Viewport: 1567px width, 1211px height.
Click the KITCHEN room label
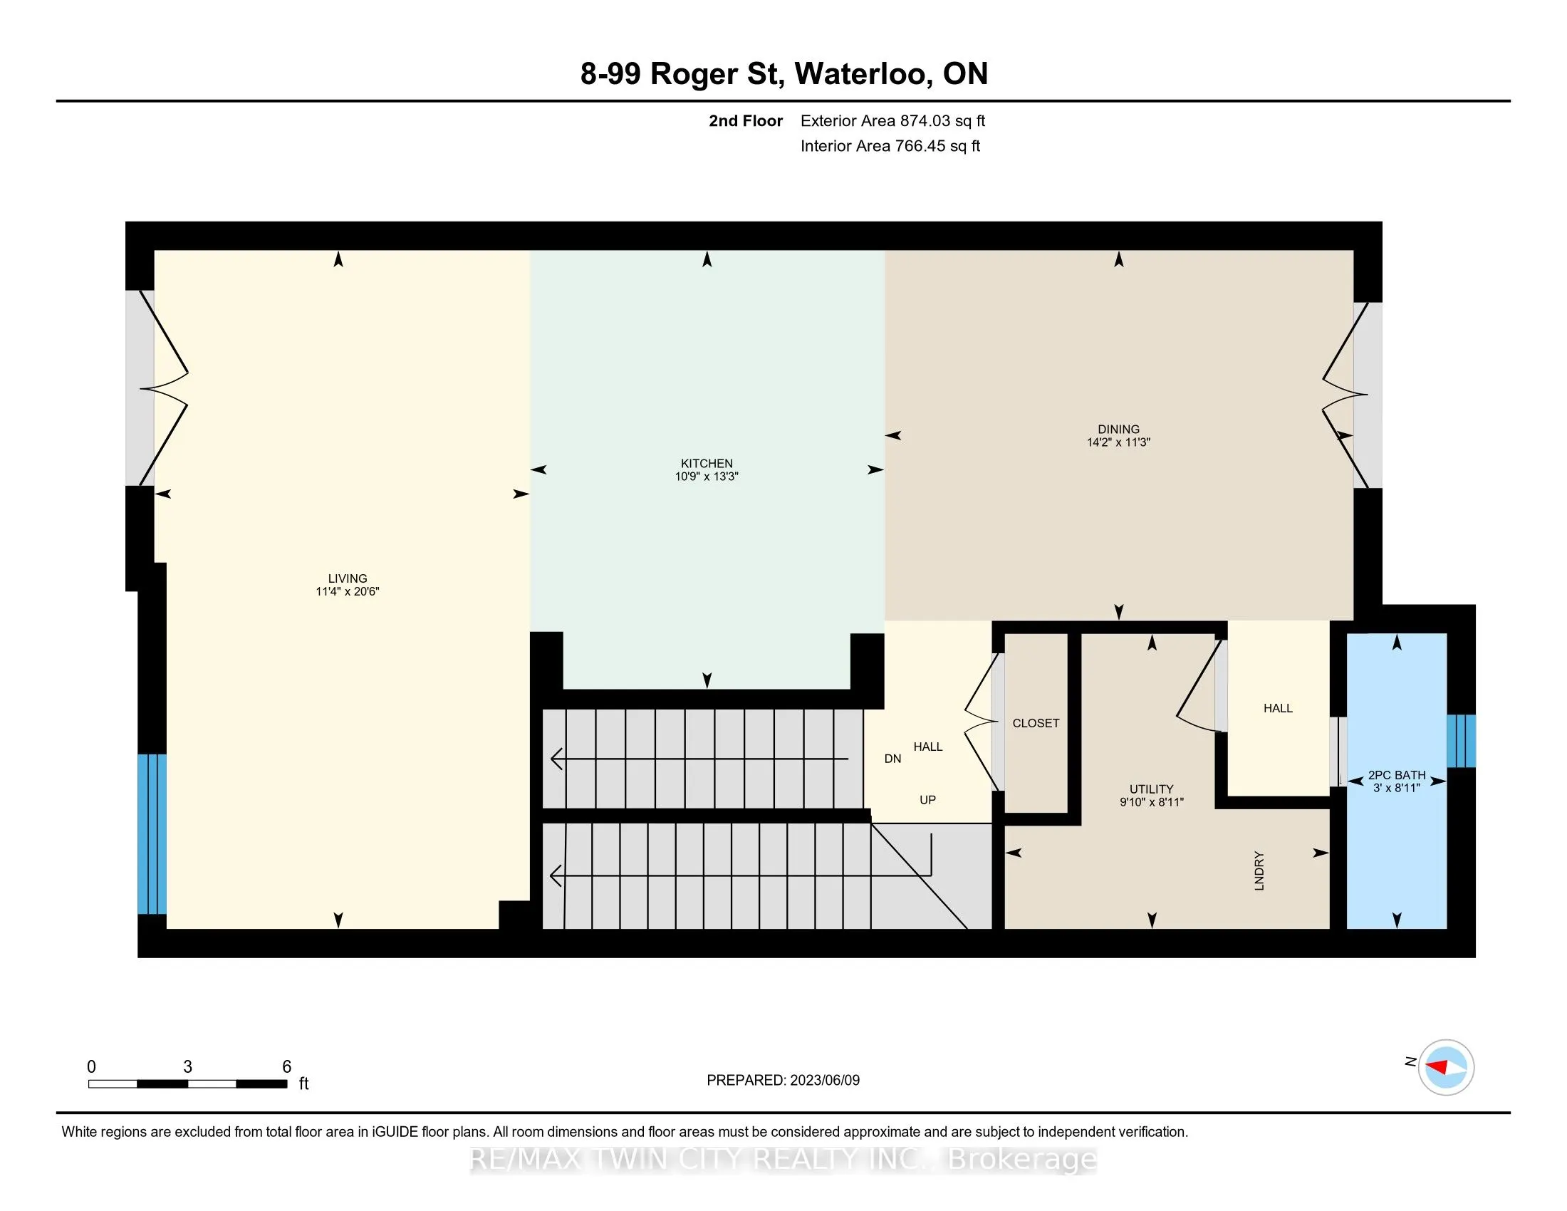pos(707,464)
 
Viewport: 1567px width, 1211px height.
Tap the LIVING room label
pos(348,578)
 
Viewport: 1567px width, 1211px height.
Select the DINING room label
pos(1118,429)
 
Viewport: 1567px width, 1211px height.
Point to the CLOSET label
pos(1036,723)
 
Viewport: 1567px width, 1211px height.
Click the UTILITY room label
pos(1152,789)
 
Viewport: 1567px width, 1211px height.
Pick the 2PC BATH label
pos(1397,775)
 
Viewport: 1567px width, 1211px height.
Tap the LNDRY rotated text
pos(1259,871)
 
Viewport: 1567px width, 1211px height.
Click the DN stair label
pos(892,759)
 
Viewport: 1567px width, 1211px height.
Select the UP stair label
pos(927,800)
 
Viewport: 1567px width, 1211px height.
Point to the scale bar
pos(188,1084)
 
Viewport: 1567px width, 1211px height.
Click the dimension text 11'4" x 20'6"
pos(348,592)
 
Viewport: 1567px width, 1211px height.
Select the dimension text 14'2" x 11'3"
pos(1118,442)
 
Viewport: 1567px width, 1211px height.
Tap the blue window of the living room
pos(152,833)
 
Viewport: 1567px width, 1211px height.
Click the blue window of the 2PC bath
pos(1461,740)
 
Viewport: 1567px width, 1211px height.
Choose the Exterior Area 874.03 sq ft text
pos(892,121)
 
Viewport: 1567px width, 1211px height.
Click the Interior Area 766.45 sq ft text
pos(890,146)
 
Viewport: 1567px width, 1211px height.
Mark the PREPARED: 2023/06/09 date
pos(783,1081)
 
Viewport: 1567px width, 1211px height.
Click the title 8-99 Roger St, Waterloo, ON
pos(784,74)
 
